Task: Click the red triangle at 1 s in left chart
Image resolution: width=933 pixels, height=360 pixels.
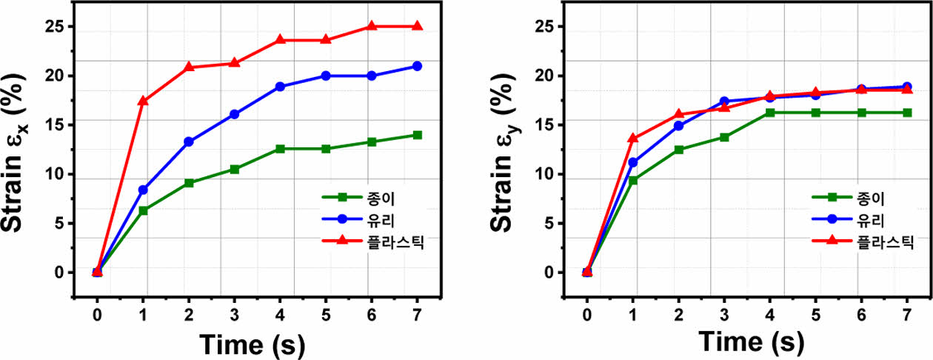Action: tap(143, 101)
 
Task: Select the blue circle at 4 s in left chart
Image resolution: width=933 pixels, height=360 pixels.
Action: tap(280, 87)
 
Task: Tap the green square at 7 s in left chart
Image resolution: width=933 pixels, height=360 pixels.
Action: tap(417, 135)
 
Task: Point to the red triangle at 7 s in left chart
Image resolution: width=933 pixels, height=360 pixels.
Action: tap(417, 26)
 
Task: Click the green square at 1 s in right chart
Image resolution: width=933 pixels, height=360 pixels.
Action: tap(633, 180)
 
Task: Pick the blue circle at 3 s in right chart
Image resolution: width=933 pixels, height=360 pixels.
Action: tap(724, 101)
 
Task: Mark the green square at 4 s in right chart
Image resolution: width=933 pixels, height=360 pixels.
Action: tap(770, 113)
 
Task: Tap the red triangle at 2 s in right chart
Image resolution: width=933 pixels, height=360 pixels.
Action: tap(679, 114)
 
